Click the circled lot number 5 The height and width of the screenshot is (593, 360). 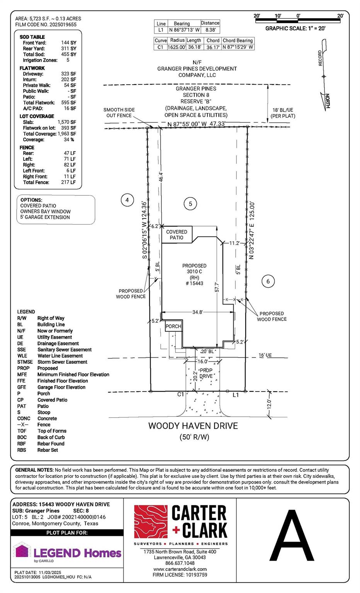click(x=190, y=203)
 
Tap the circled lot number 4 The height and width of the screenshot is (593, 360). click(x=127, y=200)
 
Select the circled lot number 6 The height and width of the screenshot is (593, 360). click(x=268, y=281)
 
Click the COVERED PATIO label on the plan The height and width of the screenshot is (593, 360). click(x=177, y=235)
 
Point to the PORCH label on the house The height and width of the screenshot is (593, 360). click(x=173, y=326)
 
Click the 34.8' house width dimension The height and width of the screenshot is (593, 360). click(x=198, y=312)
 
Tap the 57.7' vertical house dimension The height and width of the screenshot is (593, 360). click(x=217, y=287)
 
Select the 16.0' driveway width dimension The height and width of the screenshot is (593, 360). click(x=203, y=361)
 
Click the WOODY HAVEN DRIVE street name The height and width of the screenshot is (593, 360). click(x=193, y=426)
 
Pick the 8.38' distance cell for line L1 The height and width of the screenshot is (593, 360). click(x=211, y=30)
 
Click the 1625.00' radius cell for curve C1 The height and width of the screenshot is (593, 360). click(x=177, y=47)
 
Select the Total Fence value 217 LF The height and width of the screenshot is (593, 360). click(x=68, y=182)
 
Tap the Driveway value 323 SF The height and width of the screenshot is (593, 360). click(x=69, y=74)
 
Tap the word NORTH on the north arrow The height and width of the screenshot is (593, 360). click(x=328, y=101)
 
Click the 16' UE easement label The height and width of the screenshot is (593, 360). click(x=265, y=355)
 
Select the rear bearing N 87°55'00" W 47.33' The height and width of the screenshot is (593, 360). click(x=196, y=124)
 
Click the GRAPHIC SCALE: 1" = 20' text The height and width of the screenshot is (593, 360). click(x=295, y=28)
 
